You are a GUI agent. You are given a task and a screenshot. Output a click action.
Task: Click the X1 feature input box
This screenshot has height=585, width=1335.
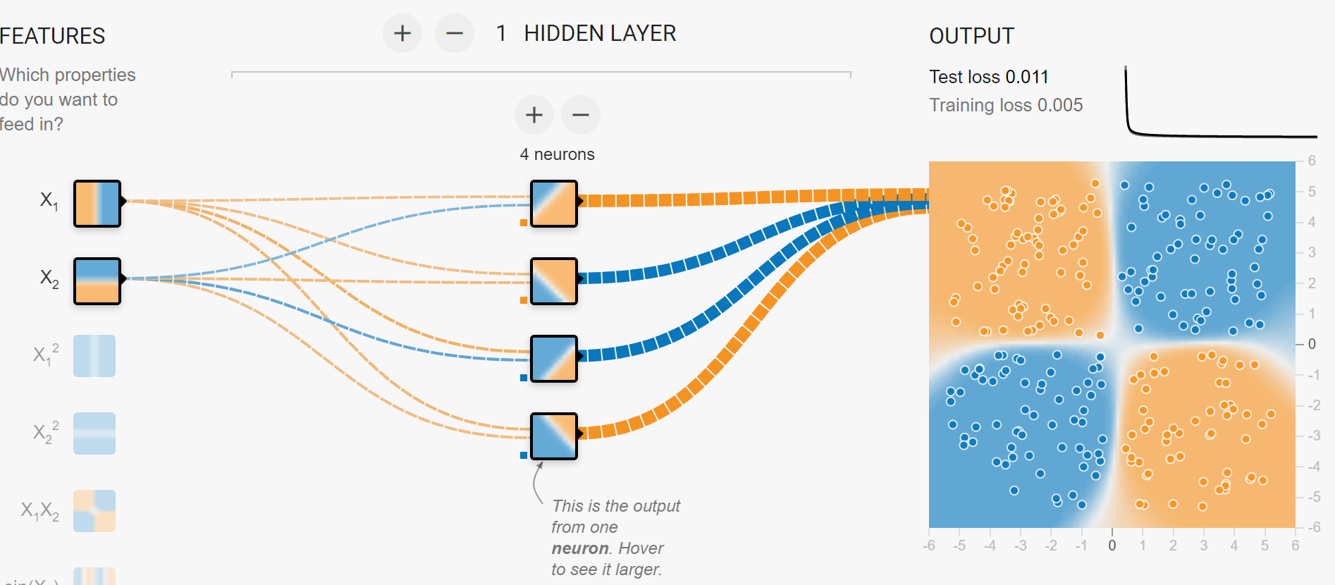pos(97,204)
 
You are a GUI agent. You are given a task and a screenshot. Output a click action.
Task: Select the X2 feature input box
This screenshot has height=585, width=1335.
pos(97,281)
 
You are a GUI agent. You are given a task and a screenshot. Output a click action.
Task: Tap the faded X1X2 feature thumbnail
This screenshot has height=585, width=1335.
pos(94,511)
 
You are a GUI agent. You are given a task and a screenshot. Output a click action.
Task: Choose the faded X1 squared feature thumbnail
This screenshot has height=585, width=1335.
pos(94,356)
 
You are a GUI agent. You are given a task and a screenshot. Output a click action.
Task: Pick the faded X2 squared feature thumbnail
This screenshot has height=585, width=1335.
pos(94,433)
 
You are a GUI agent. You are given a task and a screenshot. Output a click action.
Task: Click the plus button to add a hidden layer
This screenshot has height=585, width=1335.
pos(402,33)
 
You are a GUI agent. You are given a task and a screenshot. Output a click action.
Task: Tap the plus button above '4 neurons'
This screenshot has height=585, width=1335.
pos(534,115)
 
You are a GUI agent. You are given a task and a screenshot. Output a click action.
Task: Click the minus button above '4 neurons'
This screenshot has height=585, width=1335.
pos(581,115)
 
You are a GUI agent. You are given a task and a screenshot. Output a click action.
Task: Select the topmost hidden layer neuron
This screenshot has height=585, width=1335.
pos(554,204)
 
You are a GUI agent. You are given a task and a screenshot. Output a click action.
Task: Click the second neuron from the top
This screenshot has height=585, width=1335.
pos(554,281)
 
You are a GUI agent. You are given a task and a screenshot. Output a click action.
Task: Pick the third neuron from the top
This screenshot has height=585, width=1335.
pos(554,359)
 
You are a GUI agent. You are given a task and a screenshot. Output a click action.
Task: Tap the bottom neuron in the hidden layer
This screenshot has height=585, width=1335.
pos(554,436)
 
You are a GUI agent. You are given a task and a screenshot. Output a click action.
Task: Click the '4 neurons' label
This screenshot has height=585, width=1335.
pos(557,154)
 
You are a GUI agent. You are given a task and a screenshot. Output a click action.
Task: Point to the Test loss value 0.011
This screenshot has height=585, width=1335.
pos(1027,77)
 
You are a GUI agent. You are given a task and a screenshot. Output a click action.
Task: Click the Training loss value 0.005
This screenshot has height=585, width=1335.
pos(1059,105)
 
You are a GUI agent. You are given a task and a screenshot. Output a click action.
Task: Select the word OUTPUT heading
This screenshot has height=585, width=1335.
pos(971,36)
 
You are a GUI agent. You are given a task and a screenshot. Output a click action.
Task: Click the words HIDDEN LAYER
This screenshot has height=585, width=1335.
pos(600,33)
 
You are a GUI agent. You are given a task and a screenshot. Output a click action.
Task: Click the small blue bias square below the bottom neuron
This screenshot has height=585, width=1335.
pos(524,455)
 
